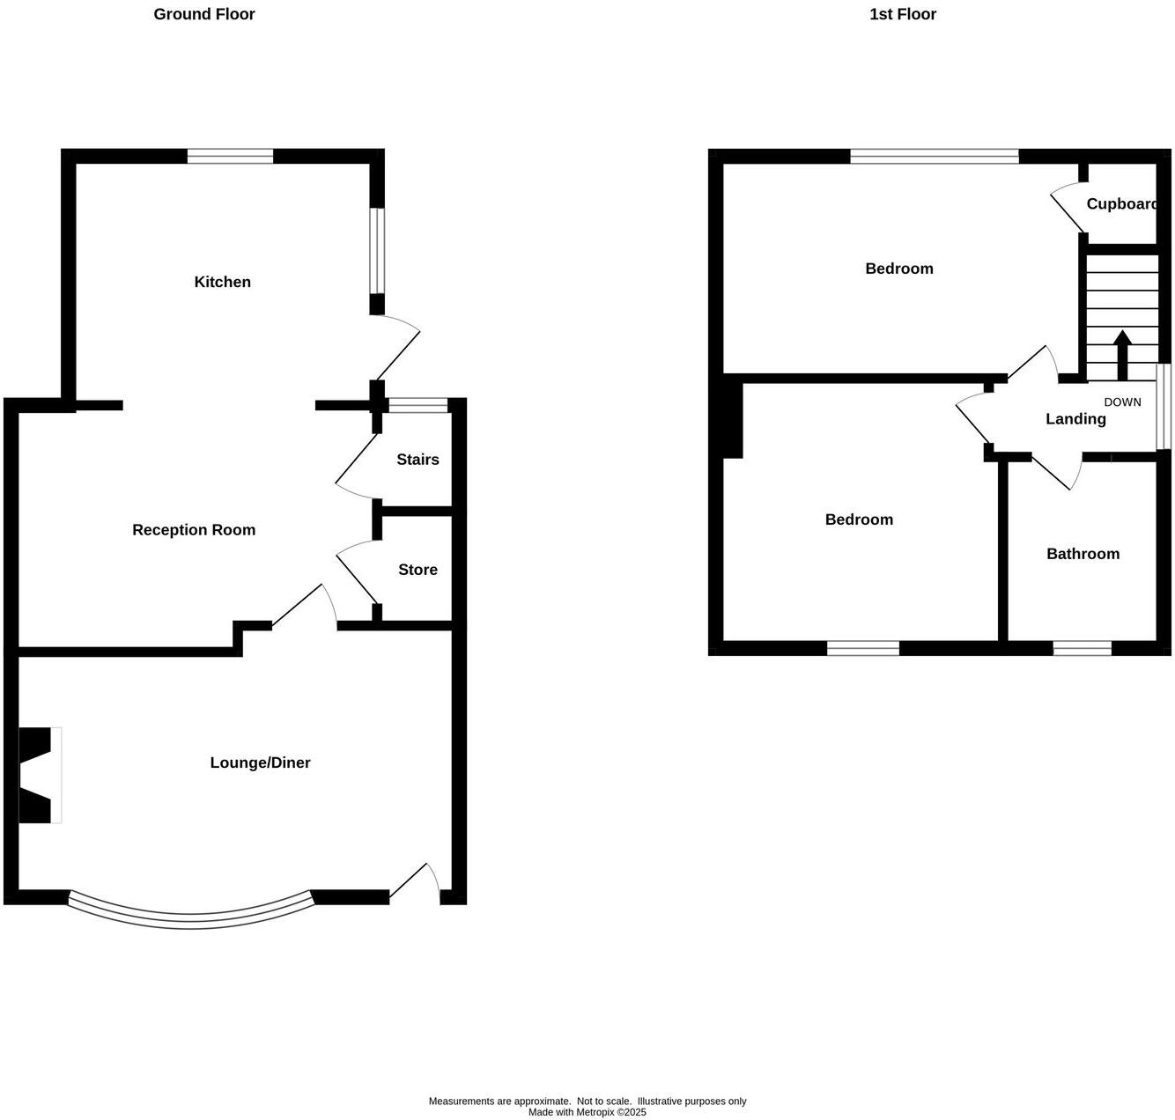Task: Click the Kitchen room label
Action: tap(223, 282)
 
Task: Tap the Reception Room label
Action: tap(194, 529)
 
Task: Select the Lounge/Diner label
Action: tap(260, 763)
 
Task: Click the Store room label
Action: tap(418, 570)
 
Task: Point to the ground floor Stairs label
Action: tap(418, 460)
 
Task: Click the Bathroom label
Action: tap(1083, 554)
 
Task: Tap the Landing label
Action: tap(1075, 419)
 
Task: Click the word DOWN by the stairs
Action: tap(1122, 402)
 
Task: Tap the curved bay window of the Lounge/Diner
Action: tap(190, 916)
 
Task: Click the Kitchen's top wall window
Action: tap(230, 157)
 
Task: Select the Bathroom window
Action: tap(1082, 649)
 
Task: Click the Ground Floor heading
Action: tap(204, 14)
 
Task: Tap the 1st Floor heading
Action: tap(903, 14)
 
